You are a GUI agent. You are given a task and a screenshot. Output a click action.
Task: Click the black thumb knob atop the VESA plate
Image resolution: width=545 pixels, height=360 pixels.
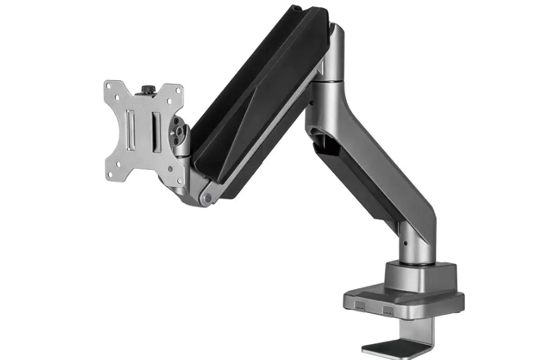147,90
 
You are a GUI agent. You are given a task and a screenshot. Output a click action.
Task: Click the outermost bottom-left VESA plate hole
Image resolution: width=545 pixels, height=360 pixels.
110,176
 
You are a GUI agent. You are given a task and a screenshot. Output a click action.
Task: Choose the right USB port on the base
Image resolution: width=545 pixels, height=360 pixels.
387,309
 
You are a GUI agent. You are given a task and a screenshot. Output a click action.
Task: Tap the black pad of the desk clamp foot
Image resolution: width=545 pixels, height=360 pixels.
391,348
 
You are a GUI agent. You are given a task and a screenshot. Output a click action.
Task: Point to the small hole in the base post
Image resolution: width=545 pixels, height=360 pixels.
404,243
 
